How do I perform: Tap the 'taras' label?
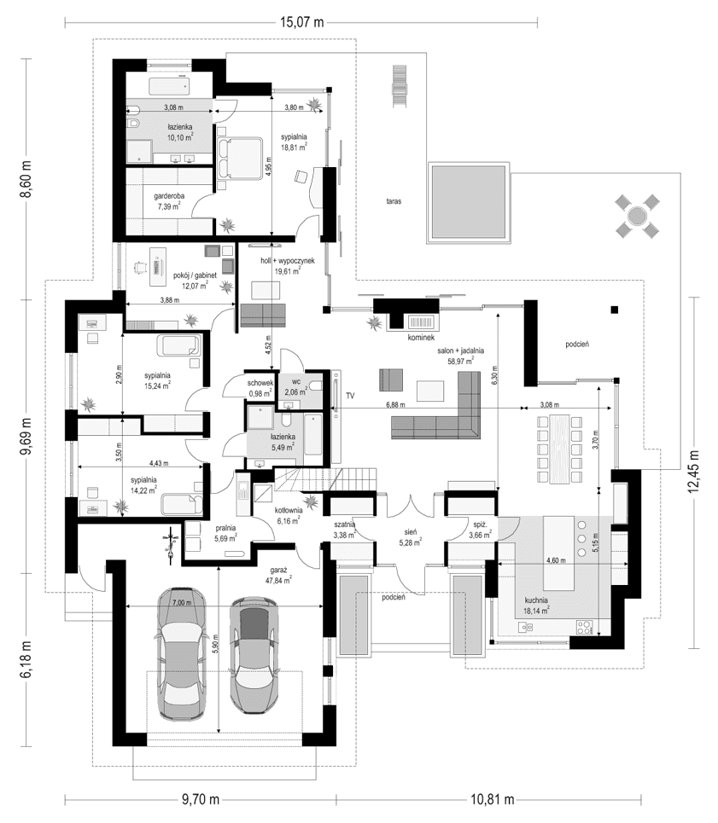coord(393,202)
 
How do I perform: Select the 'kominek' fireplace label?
coord(422,338)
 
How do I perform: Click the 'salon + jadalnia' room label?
coord(460,351)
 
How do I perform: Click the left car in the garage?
coord(183,652)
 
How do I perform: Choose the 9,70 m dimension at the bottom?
coord(201,799)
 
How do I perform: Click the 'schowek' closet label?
coord(260,383)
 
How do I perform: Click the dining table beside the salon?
coord(559,448)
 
